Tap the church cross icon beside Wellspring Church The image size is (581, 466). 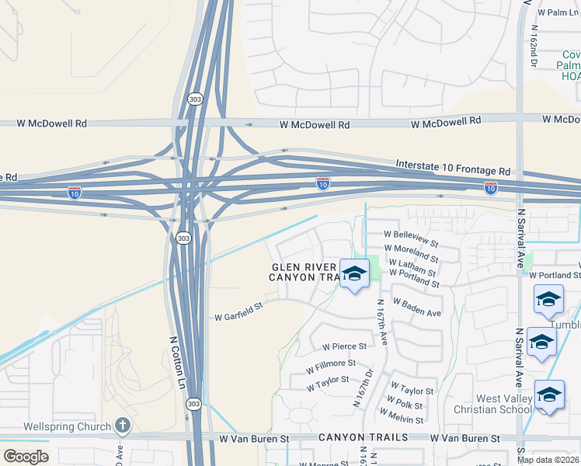tap(122, 426)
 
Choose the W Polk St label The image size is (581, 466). tap(406, 405)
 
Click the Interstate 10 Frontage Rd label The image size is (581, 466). tap(453, 167)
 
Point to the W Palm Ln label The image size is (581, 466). tap(563, 12)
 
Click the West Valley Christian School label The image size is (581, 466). tap(504, 404)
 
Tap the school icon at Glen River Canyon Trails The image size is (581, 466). tap(354, 274)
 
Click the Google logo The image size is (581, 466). tap(26, 457)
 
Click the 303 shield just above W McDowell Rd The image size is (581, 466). tap(193, 99)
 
